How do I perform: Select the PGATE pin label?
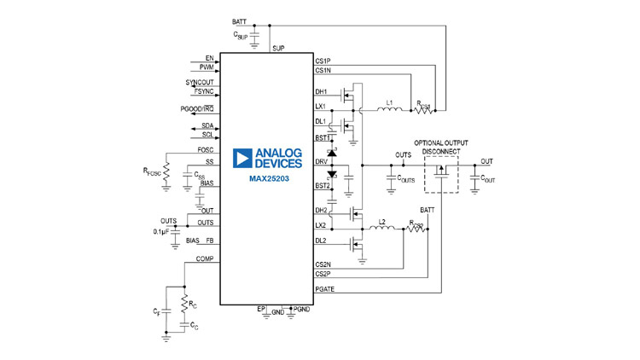tap(325, 290)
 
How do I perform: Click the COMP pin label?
tap(205, 258)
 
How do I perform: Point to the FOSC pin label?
tap(206, 150)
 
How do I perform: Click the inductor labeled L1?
tap(392, 108)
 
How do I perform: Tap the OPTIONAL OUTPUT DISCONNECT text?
tap(441, 148)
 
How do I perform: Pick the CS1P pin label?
tap(323, 61)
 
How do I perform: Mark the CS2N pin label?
tap(323, 264)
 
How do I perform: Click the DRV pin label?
tap(321, 161)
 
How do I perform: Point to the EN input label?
tap(209, 58)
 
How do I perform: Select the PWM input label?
tap(207, 67)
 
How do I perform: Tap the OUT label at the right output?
tap(486, 161)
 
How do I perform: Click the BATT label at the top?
tap(241, 20)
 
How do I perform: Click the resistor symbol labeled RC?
tap(183, 301)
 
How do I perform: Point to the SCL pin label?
tap(208, 135)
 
